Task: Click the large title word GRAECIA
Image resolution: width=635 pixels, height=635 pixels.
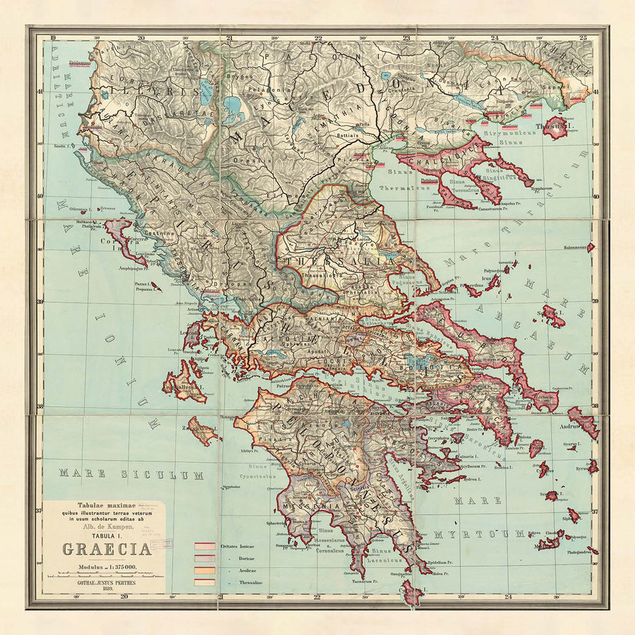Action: coord(107,550)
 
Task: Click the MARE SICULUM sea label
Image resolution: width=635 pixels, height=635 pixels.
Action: coord(121,474)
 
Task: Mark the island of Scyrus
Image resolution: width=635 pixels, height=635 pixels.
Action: coord(552,314)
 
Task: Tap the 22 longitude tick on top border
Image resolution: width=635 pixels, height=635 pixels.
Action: coord(318,37)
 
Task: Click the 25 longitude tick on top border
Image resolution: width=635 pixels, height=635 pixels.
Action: coord(583,37)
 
